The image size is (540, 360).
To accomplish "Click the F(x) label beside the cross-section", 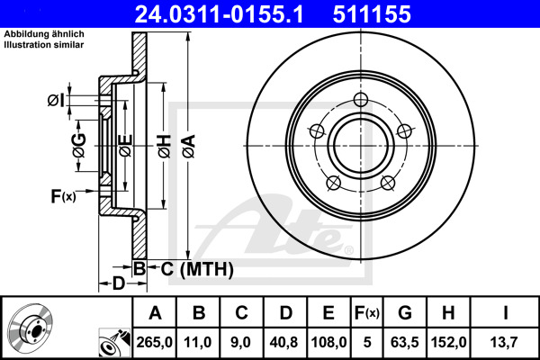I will [x=63, y=195].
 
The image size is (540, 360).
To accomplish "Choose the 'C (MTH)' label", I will [x=192, y=268].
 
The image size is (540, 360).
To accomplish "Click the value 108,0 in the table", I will [x=329, y=342].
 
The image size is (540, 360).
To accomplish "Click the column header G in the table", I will [x=405, y=312].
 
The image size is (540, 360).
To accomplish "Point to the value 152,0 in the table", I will [x=447, y=342].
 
